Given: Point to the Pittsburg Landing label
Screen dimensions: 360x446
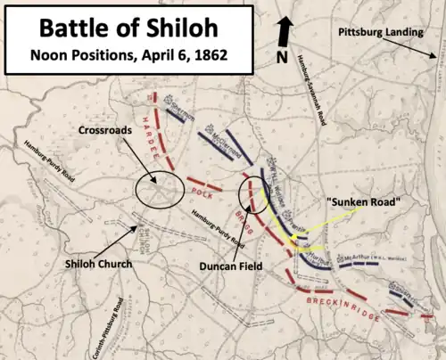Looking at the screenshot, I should (377, 32).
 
